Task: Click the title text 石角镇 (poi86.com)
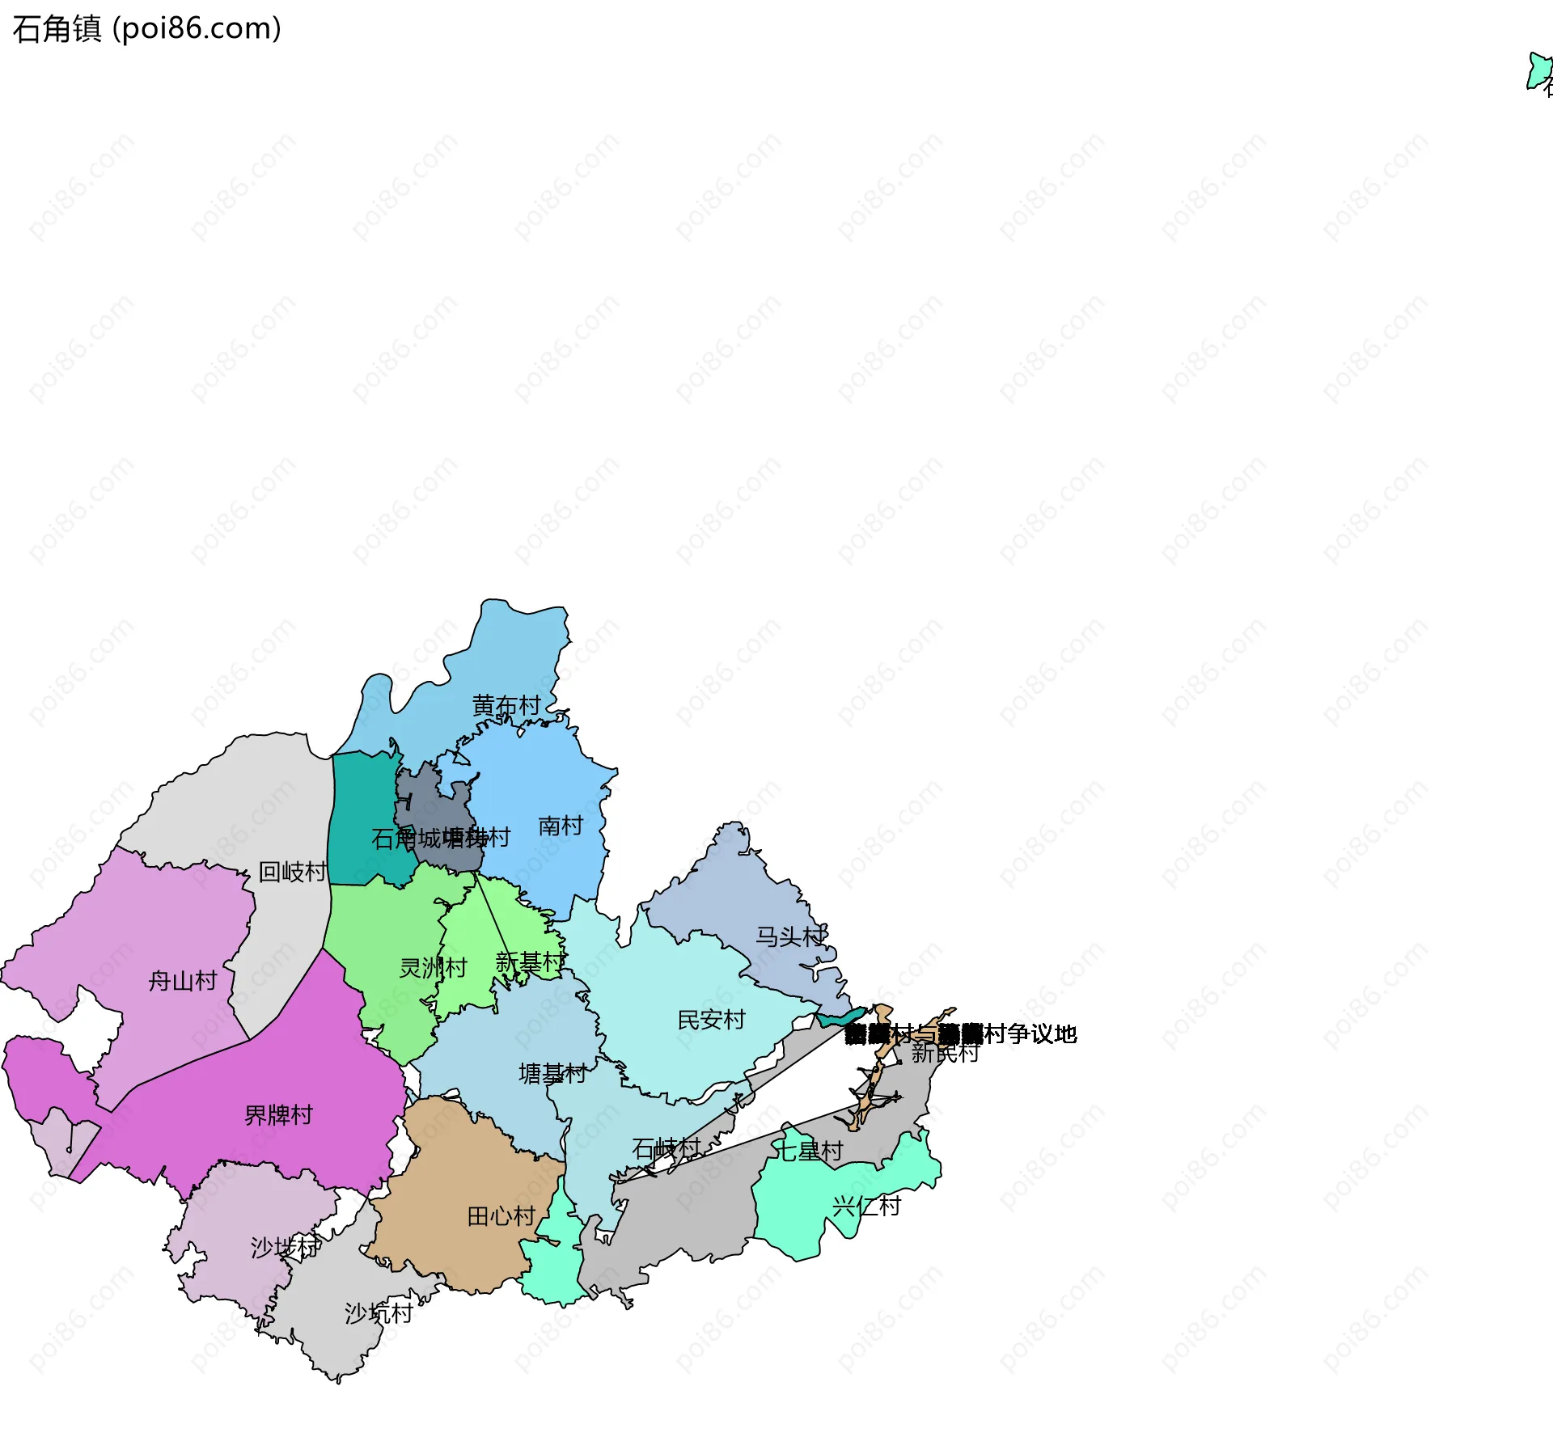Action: [x=146, y=29]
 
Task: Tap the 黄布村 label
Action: [x=506, y=706]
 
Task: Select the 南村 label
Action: [x=561, y=826]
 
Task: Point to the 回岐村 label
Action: [x=293, y=872]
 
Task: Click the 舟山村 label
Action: [x=183, y=981]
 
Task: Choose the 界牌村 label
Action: [x=278, y=1115]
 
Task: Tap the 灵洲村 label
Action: [x=433, y=967]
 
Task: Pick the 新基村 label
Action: [x=530, y=962]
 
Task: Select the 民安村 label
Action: [x=711, y=1020]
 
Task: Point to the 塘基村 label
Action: [x=552, y=1074]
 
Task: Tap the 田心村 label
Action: [x=501, y=1216]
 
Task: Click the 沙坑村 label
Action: [x=379, y=1313]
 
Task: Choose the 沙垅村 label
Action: [x=285, y=1247]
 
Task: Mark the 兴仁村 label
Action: [x=866, y=1207]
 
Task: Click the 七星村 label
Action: [x=809, y=1150]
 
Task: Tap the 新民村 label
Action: [x=945, y=1053]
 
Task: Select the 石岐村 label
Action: [x=666, y=1148]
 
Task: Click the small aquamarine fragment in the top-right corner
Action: [x=1537, y=71]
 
